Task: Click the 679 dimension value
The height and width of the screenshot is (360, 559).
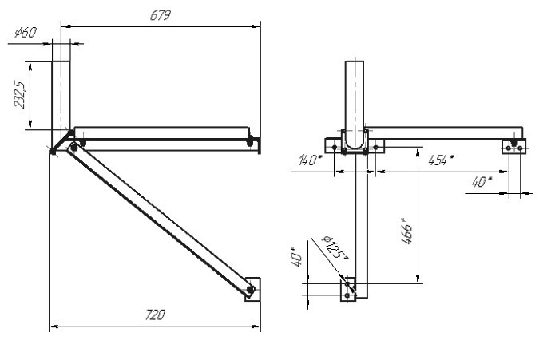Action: click(161, 15)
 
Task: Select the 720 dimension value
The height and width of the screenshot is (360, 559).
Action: click(155, 315)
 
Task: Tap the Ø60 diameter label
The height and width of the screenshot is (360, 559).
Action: click(26, 33)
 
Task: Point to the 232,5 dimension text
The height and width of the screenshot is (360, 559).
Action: click(19, 95)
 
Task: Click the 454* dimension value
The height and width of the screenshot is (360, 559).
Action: click(442, 160)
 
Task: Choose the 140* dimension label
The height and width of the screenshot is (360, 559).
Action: click(310, 160)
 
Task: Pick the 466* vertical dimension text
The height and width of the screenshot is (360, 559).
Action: click(406, 231)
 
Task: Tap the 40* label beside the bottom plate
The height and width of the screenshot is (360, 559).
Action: click(296, 257)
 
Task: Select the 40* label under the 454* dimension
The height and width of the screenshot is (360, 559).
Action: click(482, 182)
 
